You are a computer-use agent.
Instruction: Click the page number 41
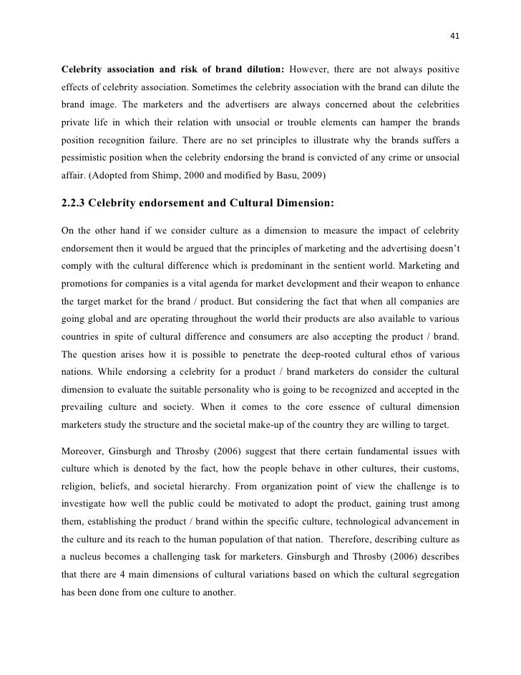(x=454, y=37)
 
